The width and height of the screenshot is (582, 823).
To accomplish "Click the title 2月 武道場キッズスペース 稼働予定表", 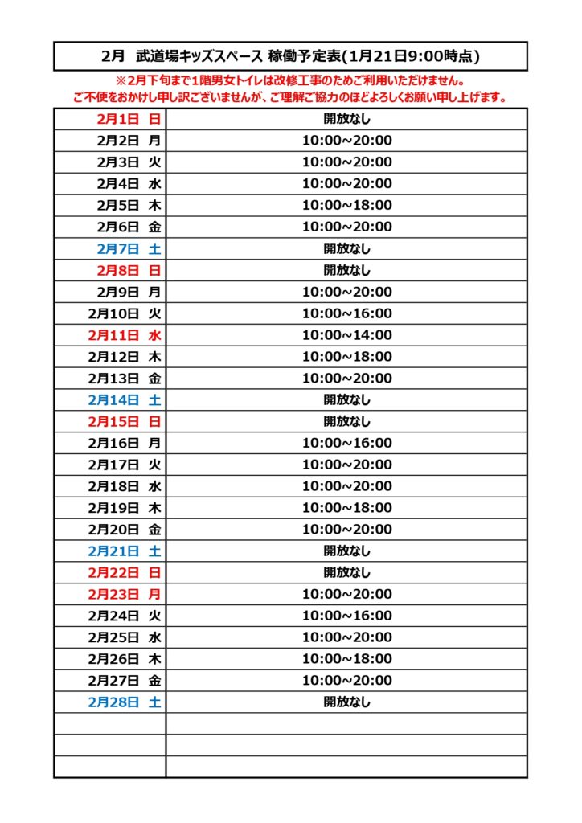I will tap(291, 56).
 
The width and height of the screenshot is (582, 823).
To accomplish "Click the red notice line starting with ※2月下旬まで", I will tap(291, 81).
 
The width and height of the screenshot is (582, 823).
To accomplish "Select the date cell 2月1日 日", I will tap(129, 119).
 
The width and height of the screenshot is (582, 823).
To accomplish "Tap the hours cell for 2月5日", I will tap(347, 206).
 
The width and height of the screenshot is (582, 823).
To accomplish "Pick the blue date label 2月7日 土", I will tap(129, 248).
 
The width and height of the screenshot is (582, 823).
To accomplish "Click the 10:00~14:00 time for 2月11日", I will tap(347, 335).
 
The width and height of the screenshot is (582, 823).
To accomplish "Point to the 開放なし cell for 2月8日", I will tap(347, 270).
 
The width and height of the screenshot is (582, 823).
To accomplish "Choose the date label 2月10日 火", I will tap(125, 313).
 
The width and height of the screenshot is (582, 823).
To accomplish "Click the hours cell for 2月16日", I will tap(347, 443).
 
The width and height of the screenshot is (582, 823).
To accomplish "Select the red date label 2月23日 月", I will tap(125, 595).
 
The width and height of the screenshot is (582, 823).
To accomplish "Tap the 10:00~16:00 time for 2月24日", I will tap(347, 616).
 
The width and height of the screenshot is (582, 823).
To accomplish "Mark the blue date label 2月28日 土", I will tap(125, 702).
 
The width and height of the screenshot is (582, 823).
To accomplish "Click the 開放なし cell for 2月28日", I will tap(347, 702).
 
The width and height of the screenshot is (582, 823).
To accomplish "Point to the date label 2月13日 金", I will tap(125, 379).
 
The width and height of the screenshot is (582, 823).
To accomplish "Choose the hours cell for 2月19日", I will tap(347, 508).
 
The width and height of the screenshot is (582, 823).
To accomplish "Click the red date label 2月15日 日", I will tap(125, 421).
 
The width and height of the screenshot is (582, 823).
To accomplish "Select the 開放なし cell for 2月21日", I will tap(347, 551).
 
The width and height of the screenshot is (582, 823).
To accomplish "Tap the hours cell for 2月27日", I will tap(347, 681).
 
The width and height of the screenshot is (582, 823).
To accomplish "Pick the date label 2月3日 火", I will tap(129, 162).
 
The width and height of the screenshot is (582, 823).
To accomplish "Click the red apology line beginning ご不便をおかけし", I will tap(291, 98).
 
